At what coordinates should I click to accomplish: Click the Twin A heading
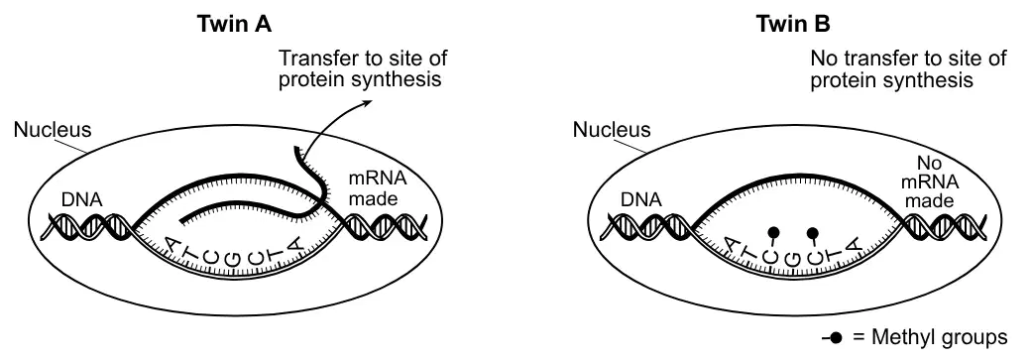point(234,24)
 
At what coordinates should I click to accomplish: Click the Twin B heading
point(793,24)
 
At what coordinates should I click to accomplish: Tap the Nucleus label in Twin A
point(53,130)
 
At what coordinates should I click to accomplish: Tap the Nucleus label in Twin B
point(612,130)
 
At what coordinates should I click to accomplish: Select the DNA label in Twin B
point(641,199)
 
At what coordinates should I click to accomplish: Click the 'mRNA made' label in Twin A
point(378,188)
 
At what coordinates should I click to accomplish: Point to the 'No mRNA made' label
point(929,181)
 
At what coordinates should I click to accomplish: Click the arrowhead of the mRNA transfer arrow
point(368,103)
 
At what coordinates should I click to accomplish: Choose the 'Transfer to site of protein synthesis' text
point(363,68)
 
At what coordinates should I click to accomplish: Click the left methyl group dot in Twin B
point(774,232)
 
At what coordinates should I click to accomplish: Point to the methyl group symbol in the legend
point(832,338)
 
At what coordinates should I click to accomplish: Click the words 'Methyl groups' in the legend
point(939,337)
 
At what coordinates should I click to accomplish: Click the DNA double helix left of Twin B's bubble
point(645,228)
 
